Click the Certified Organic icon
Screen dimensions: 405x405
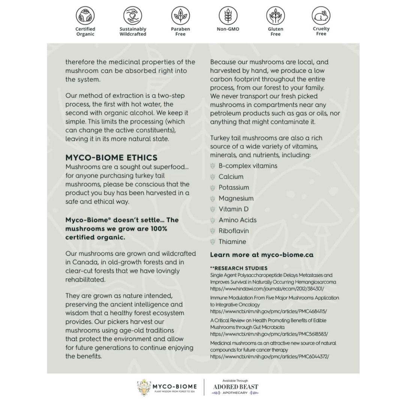click(85, 16)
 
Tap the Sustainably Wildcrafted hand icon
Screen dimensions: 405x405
click(133, 16)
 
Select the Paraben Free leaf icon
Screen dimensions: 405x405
click(180, 16)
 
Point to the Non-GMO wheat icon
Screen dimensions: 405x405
click(228, 16)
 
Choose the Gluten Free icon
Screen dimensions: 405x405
click(276, 16)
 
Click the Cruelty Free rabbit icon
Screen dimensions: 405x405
click(321, 16)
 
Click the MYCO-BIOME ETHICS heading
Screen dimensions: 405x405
click(111, 157)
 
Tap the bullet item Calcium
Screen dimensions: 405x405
click(231, 177)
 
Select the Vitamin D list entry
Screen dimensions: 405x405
click(233, 209)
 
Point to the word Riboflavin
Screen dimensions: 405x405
click(234, 231)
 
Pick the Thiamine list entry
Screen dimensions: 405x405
click(232, 241)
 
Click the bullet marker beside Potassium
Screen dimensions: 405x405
click(213, 187)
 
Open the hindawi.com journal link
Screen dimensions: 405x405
click(267, 289)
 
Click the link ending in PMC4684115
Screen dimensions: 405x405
click(268, 311)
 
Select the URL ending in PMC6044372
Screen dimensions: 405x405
click(269, 357)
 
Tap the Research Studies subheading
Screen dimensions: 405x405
click(239, 268)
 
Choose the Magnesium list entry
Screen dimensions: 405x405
click(236, 198)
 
